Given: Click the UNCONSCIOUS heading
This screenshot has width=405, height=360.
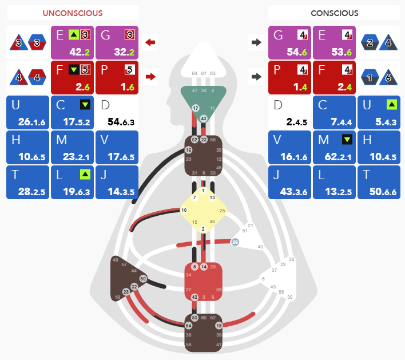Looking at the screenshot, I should tap(73, 13).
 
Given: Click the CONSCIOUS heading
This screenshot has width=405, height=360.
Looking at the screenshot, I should tap(335, 13).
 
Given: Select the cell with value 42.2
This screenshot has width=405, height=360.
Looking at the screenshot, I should tap(73, 42).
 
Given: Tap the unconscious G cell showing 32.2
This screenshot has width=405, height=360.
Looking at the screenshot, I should tap(117, 42).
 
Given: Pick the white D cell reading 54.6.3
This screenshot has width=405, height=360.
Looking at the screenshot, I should tap(117, 113).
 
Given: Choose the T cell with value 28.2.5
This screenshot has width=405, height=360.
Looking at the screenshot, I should tap(28, 183).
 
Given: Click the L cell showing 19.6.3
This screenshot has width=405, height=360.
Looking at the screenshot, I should tap(73, 183).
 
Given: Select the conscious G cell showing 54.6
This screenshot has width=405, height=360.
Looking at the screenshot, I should tap(290, 42).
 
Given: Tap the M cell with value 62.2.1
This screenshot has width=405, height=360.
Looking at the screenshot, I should tap(335, 148).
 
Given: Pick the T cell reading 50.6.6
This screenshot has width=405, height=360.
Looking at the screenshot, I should tap(379, 183).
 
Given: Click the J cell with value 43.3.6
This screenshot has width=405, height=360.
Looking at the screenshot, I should tap(290, 183).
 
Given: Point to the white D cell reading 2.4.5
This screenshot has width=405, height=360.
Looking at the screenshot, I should tap(290, 113).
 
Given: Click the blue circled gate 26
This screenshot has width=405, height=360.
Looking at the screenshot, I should tap(235, 242).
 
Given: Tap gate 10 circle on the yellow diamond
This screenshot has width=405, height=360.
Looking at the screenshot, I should tap(184, 210).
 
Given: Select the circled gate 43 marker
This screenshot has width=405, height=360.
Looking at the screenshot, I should tap(204, 118).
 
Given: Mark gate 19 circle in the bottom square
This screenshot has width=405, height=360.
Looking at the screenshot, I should tap(219, 325).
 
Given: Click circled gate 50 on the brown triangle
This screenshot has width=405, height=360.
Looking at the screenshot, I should tap(143, 278).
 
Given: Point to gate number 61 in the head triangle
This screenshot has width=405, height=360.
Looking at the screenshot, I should tap(204, 74).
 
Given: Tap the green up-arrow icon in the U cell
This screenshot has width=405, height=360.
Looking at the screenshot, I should tap(392, 104).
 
